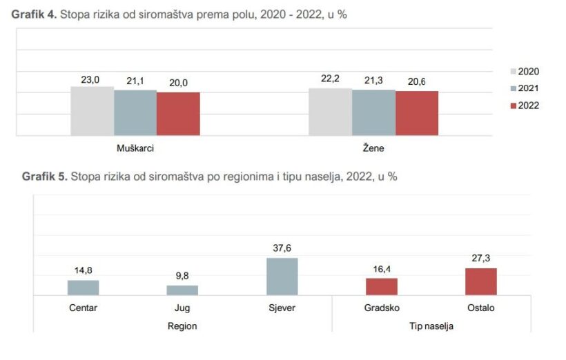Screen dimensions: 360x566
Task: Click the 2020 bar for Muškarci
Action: coord(92,111)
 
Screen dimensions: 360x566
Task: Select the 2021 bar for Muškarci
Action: coord(135,113)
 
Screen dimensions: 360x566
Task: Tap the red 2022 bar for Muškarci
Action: coord(178,114)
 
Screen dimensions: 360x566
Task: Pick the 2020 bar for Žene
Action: coord(330,112)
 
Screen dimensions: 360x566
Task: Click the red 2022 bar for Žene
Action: coord(417,113)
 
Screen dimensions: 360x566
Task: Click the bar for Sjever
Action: coord(282,277)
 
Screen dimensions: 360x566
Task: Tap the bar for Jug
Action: coord(182,290)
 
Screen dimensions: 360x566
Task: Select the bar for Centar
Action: coord(83,288)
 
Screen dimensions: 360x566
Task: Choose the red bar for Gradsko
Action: coord(382,287)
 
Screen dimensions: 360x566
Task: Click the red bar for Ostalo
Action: coord(481,281)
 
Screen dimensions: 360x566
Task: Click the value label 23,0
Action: coord(90,80)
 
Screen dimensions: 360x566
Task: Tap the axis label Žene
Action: coord(373,148)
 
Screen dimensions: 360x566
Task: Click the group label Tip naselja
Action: coord(431,326)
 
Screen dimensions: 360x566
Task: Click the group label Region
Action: coord(182,326)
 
